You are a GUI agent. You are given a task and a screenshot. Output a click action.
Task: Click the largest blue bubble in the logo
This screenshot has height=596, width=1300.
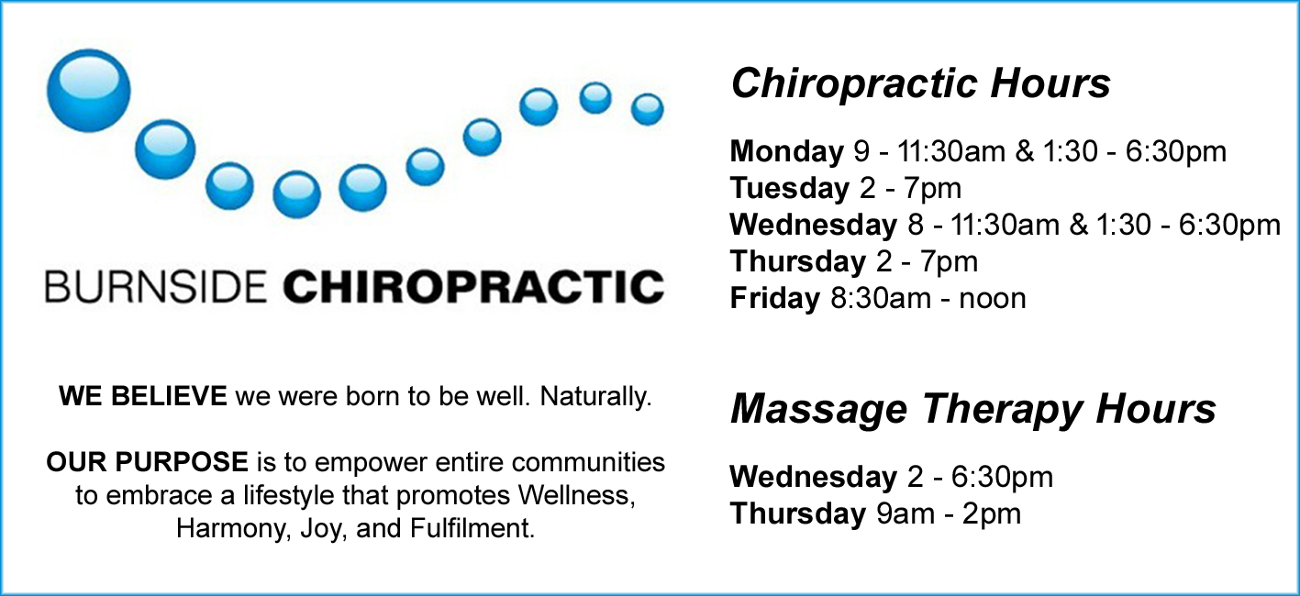tap(89, 91)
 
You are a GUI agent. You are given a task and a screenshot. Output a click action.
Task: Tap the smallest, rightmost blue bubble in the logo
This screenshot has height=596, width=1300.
tap(647, 109)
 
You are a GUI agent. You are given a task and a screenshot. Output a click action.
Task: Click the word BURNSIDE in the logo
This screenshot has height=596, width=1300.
tap(156, 286)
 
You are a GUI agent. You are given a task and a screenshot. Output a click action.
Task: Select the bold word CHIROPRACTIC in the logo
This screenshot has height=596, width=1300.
tap(473, 286)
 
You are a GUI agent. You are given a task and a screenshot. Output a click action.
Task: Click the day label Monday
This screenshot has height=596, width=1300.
tap(786, 152)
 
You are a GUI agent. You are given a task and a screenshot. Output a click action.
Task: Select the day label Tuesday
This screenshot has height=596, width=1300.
tap(789, 188)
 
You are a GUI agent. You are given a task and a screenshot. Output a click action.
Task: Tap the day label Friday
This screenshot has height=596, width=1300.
tap(775, 298)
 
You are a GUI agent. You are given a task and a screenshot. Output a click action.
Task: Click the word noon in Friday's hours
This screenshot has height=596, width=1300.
tap(993, 299)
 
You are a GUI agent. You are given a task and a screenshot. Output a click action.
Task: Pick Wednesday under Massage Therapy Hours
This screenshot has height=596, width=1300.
tap(814, 477)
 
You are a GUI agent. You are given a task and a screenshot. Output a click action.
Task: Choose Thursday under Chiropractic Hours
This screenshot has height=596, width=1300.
tap(798, 261)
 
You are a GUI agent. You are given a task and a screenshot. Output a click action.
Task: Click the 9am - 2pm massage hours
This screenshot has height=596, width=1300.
tap(949, 513)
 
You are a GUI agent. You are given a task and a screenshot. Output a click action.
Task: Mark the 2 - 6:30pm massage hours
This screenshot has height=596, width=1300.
tap(980, 477)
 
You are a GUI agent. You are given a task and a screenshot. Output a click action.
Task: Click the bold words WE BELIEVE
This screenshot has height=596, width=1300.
tap(143, 396)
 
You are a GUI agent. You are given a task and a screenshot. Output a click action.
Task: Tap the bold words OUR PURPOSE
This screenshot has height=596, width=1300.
tap(148, 463)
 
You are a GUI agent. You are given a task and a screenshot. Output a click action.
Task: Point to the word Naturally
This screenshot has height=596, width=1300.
tap(596, 397)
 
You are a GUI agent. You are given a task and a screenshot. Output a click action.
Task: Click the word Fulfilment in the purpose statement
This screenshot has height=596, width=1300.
tap(472, 529)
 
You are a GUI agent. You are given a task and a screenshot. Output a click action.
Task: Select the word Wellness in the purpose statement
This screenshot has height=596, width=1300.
tap(576, 496)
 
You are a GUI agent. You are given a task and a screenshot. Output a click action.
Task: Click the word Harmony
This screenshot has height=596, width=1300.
tap(233, 529)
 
